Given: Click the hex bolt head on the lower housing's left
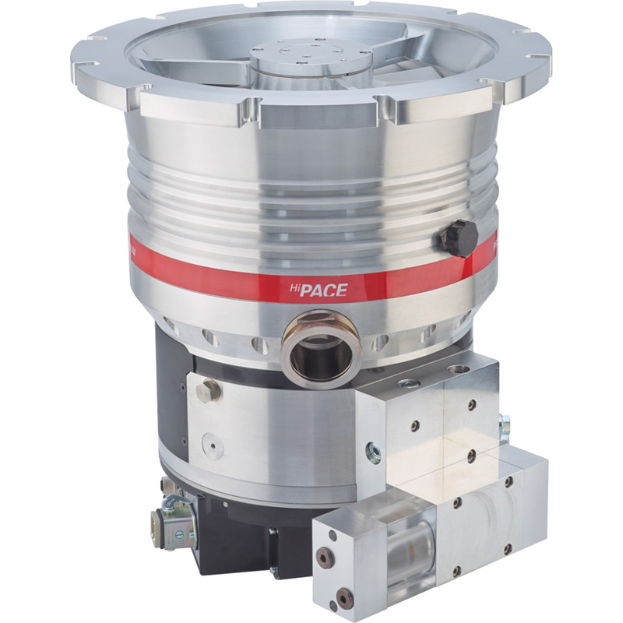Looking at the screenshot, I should coord(207,390).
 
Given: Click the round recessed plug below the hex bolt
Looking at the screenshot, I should coord(212,446).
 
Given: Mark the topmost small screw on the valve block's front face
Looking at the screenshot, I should coord(470,405).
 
